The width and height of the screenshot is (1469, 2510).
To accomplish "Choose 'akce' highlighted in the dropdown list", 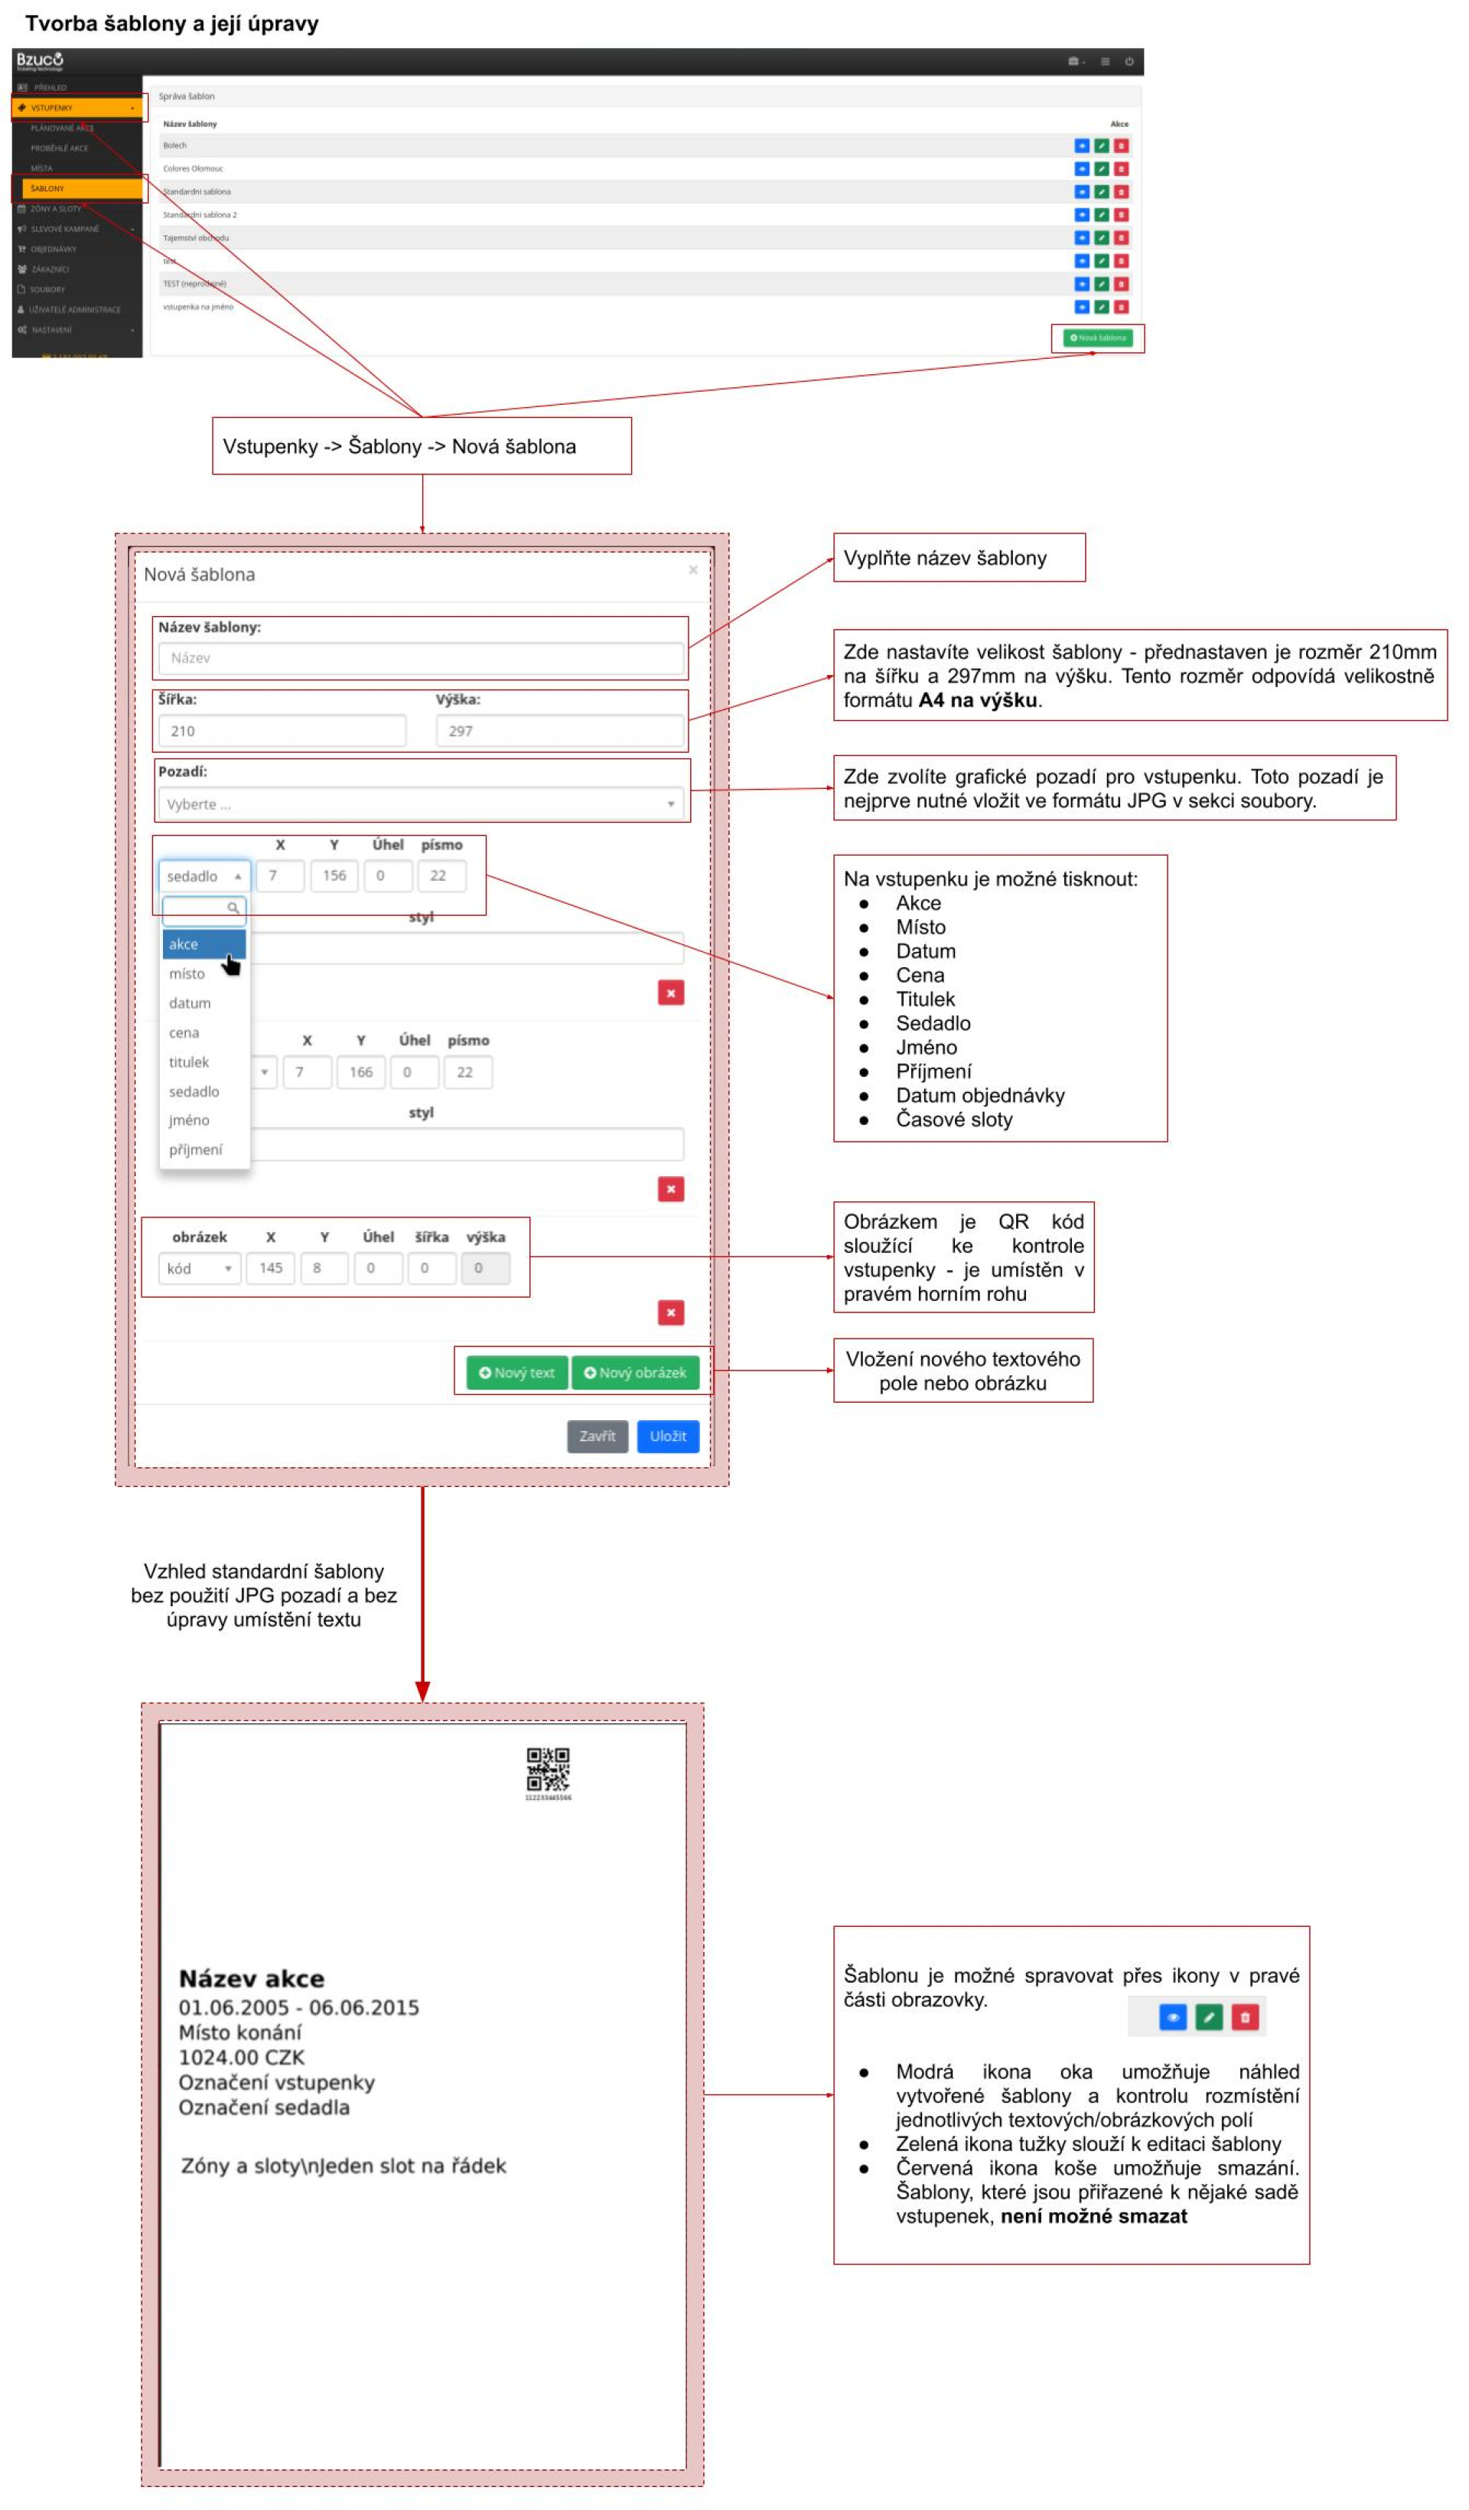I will [x=204, y=944].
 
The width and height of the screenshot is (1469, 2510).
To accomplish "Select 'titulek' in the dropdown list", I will [x=189, y=1063].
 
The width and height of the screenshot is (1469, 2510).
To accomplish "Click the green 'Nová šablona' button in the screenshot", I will [x=1097, y=339].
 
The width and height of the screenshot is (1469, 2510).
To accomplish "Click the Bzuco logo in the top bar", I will [x=40, y=60].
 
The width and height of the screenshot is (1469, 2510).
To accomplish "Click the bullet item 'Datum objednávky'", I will [x=980, y=1097].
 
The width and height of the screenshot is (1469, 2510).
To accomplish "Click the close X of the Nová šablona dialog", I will [x=693, y=570].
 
